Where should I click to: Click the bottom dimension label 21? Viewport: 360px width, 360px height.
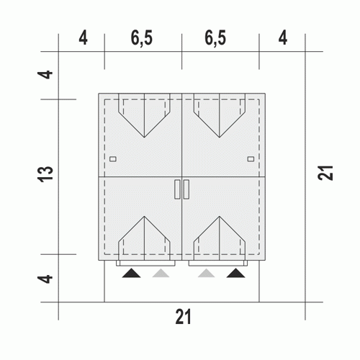point(183,317)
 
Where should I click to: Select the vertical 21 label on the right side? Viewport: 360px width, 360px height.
point(325,173)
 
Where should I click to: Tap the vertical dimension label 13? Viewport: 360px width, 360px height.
point(45,174)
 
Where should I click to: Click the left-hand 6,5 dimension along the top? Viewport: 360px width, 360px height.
point(142,38)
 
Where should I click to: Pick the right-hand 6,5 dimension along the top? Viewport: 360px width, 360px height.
point(215,38)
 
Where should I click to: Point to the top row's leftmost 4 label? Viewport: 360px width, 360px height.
point(83,38)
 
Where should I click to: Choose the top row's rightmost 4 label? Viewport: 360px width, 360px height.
point(283,38)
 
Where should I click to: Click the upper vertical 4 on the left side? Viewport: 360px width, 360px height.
point(45,74)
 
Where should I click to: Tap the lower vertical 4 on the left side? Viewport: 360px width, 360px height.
point(45,279)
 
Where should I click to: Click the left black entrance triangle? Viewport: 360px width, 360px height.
point(131,274)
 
